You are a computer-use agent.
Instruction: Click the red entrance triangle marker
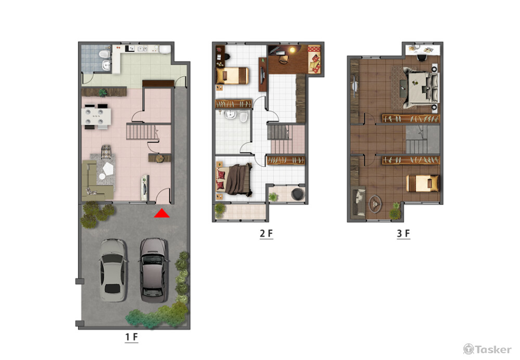(162, 213)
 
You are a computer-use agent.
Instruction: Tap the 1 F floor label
(132, 337)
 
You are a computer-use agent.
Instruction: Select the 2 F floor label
(266, 234)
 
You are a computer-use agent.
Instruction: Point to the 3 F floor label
(404, 234)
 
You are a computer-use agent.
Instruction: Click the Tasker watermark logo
(487, 349)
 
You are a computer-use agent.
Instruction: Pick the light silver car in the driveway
(113, 270)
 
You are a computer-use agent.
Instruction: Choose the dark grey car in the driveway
(153, 270)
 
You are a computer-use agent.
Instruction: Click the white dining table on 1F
(97, 117)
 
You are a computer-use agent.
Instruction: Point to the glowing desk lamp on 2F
(292, 50)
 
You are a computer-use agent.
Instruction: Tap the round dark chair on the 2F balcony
(298, 194)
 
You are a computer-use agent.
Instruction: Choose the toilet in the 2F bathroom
(243, 117)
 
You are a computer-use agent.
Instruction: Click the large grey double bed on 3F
(421, 87)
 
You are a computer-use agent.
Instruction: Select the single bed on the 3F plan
(422, 184)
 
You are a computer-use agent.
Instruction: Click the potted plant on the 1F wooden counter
(102, 92)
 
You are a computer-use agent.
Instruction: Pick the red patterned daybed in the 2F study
(314, 59)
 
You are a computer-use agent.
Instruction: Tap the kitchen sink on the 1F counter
(142, 49)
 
